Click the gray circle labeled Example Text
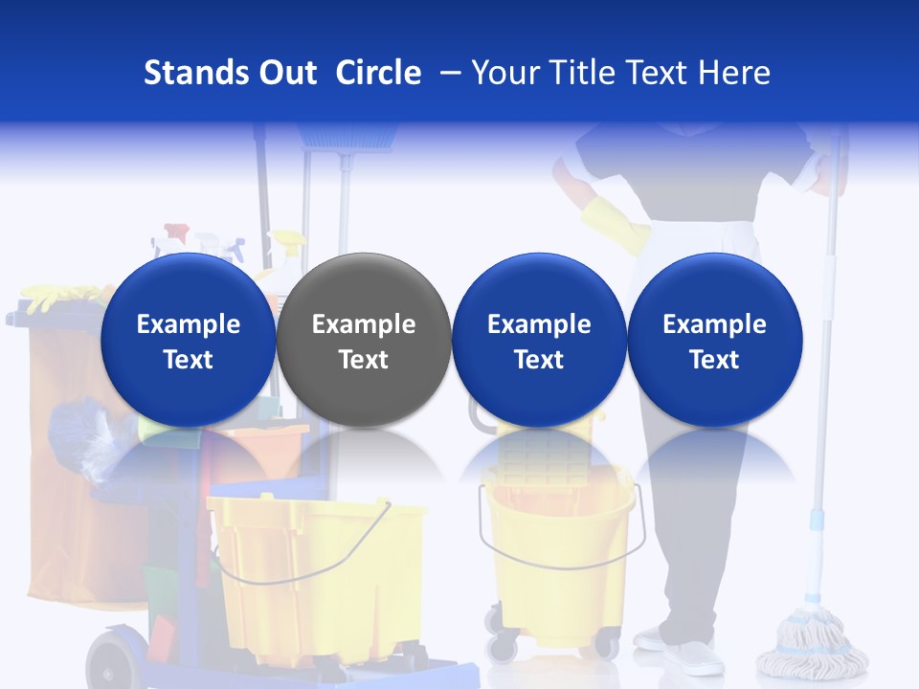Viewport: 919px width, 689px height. click(364, 340)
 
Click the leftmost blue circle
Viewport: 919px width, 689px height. click(188, 340)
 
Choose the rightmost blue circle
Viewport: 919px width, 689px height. click(714, 340)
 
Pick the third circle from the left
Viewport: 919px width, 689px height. click(539, 340)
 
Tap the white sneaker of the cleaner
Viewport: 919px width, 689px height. click(691, 655)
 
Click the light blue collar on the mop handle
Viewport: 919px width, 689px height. click(817, 520)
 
